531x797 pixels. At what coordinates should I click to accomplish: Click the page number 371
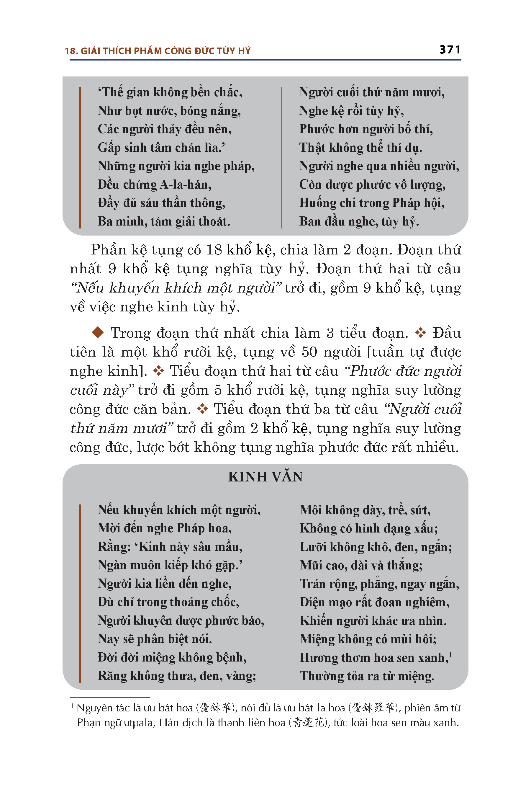(450, 50)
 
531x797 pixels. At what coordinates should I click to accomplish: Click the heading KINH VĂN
(265, 476)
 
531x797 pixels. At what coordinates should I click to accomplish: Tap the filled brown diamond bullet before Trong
(98, 333)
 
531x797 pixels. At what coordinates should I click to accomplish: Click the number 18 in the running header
(71, 51)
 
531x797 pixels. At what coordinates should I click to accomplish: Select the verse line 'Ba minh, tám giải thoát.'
(164, 222)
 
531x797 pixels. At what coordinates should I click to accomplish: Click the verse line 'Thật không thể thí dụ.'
(361, 148)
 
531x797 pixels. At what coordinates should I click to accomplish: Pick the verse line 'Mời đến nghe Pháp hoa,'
(165, 528)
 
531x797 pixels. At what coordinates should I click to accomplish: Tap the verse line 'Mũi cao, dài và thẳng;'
(361, 565)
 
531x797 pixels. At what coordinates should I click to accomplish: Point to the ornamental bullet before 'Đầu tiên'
(421, 333)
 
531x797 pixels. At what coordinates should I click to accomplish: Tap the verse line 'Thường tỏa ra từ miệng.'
(367, 676)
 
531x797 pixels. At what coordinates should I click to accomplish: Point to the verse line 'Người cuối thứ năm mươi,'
(372, 92)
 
